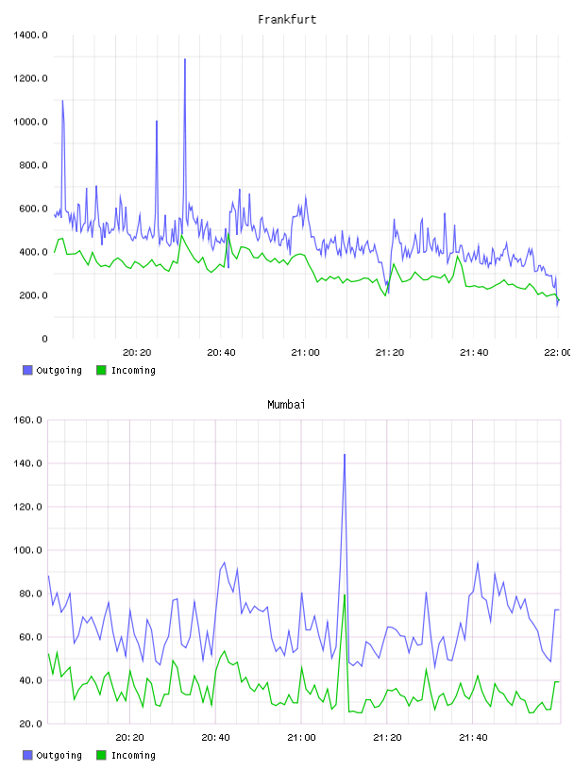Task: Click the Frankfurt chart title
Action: [287, 20]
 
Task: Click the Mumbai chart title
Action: [286, 405]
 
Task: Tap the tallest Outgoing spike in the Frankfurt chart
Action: [185, 59]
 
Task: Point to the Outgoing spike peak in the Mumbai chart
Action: [345, 455]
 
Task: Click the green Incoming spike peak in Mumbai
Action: [345, 595]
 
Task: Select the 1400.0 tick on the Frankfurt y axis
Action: [30, 35]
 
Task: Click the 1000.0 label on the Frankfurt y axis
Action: [30, 122]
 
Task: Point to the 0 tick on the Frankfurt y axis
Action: [44, 339]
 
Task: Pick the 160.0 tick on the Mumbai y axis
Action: [27, 420]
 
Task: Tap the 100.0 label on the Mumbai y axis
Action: [27, 550]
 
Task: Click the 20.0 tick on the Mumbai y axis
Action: [30, 724]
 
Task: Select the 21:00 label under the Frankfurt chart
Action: [305, 353]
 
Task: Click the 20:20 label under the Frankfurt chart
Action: [137, 353]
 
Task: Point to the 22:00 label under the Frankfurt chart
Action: [557, 353]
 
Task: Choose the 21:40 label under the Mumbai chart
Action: [473, 738]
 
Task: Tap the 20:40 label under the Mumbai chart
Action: [216, 738]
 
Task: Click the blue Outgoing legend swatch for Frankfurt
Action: [27, 370]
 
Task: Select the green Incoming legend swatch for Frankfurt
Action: [101, 370]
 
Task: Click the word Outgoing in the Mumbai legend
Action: [59, 755]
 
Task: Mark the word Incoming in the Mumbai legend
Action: [133, 755]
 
